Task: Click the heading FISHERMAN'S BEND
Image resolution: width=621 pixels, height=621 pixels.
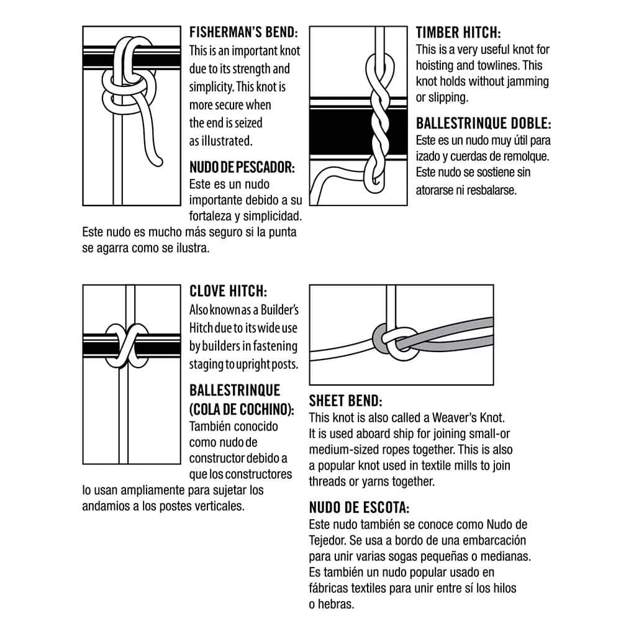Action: point(243,32)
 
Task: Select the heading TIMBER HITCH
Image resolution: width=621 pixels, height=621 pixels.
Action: point(458,32)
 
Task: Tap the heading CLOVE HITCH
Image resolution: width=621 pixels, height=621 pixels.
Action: point(228,291)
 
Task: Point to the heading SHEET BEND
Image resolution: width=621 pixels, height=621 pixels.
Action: point(345,401)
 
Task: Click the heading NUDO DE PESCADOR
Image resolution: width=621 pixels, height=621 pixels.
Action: point(242,167)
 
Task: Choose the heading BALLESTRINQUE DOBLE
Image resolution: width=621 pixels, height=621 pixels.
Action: point(483,123)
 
